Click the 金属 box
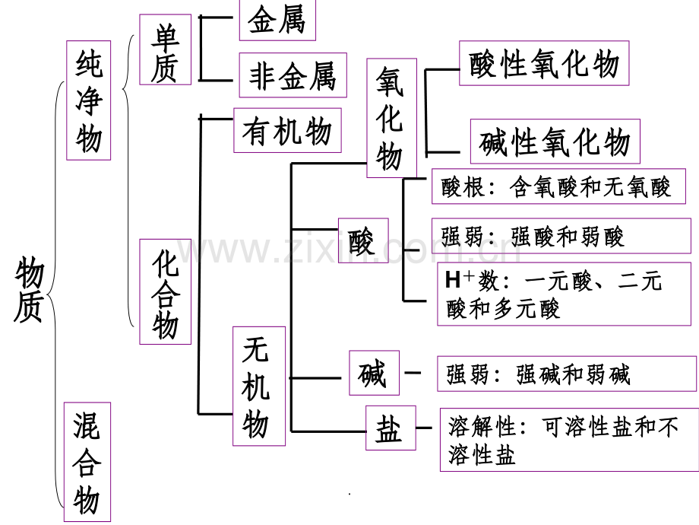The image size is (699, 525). point(277,20)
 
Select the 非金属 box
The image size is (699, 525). point(293,75)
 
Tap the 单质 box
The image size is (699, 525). point(166,49)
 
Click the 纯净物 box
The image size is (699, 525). point(89,100)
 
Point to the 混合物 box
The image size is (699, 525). point(87,462)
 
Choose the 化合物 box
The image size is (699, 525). point(166,292)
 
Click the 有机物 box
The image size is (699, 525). point(287,130)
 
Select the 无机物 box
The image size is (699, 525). point(259,387)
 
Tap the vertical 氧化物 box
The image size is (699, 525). point(392,118)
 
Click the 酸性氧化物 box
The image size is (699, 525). point(544,63)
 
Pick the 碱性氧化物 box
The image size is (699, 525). point(555,142)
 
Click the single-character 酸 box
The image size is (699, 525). point(363,240)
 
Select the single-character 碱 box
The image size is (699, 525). point(374,374)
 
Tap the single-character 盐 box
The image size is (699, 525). point(391,428)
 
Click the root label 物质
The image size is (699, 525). point(30,289)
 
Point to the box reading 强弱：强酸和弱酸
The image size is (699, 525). point(561,236)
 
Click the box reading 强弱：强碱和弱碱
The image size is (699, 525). point(567,374)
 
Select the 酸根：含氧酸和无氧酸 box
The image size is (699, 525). point(558,186)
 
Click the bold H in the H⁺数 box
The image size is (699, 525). point(453,280)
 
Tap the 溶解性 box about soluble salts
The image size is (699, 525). point(569,440)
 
